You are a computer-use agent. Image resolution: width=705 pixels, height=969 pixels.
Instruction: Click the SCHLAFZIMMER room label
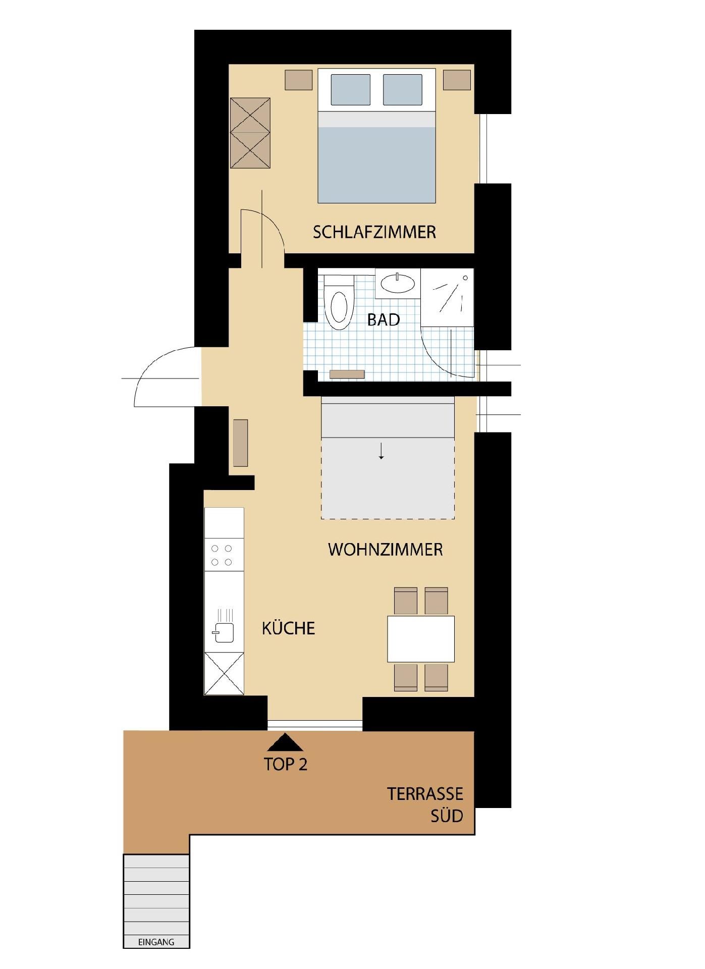[x=374, y=232]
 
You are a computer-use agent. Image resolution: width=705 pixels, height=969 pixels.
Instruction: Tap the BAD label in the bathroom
[x=384, y=319]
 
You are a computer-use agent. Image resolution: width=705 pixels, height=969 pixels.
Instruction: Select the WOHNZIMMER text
[x=386, y=550]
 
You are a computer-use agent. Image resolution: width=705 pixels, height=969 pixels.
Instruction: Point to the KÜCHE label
[x=288, y=628]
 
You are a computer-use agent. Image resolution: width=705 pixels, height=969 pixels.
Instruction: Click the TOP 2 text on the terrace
[x=286, y=765]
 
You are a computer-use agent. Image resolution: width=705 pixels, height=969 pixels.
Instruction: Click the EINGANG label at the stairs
[x=156, y=942]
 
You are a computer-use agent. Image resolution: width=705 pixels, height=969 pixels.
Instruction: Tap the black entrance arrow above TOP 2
[x=285, y=742]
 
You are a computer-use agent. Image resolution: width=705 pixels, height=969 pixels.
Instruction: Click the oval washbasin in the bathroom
[x=398, y=284]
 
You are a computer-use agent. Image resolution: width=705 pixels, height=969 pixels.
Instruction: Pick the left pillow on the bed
[x=351, y=90]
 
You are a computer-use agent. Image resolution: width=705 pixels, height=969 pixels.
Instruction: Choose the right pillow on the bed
[x=403, y=90]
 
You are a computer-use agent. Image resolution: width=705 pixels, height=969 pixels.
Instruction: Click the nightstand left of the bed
[x=298, y=80]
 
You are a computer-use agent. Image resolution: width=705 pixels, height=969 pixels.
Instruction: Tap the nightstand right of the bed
[x=457, y=80]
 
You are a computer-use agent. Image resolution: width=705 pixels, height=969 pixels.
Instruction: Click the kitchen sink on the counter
[x=224, y=632]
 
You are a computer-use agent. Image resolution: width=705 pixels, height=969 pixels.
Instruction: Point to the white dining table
[x=421, y=639]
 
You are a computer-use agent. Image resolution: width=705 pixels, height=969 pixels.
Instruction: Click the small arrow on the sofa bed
[x=382, y=451]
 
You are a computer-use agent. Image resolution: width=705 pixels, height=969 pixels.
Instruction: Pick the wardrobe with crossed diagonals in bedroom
[x=250, y=133]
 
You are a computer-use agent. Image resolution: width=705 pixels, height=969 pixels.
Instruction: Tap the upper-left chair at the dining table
[x=406, y=601]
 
